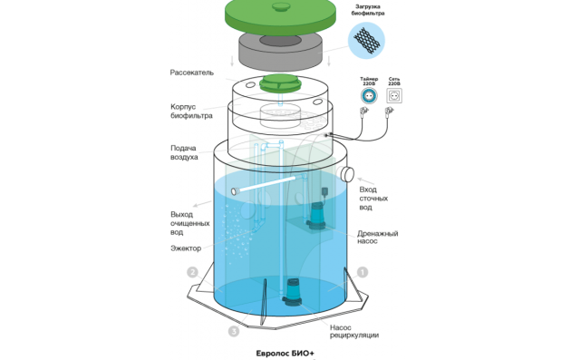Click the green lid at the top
pos(280,16)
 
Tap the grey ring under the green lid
pos(280,52)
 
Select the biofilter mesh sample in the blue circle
pos(366,40)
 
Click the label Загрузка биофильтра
pos(368,10)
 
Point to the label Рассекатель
pos(192,73)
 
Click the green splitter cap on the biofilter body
pos(280,83)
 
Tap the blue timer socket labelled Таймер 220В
pos(369,96)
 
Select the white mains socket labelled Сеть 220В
pos(394,96)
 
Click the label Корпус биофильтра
pos(191,112)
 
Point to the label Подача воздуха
pos(184,152)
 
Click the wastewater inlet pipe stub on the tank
pos(346,174)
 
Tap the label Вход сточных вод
pos(373,199)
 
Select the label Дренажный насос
pos(378,237)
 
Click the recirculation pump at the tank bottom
pos(293,292)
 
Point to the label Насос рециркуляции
pos(354,331)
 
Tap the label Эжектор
pos(186,248)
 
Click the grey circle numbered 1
pos(362,272)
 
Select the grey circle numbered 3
pos(234,331)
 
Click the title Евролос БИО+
pos(285,353)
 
